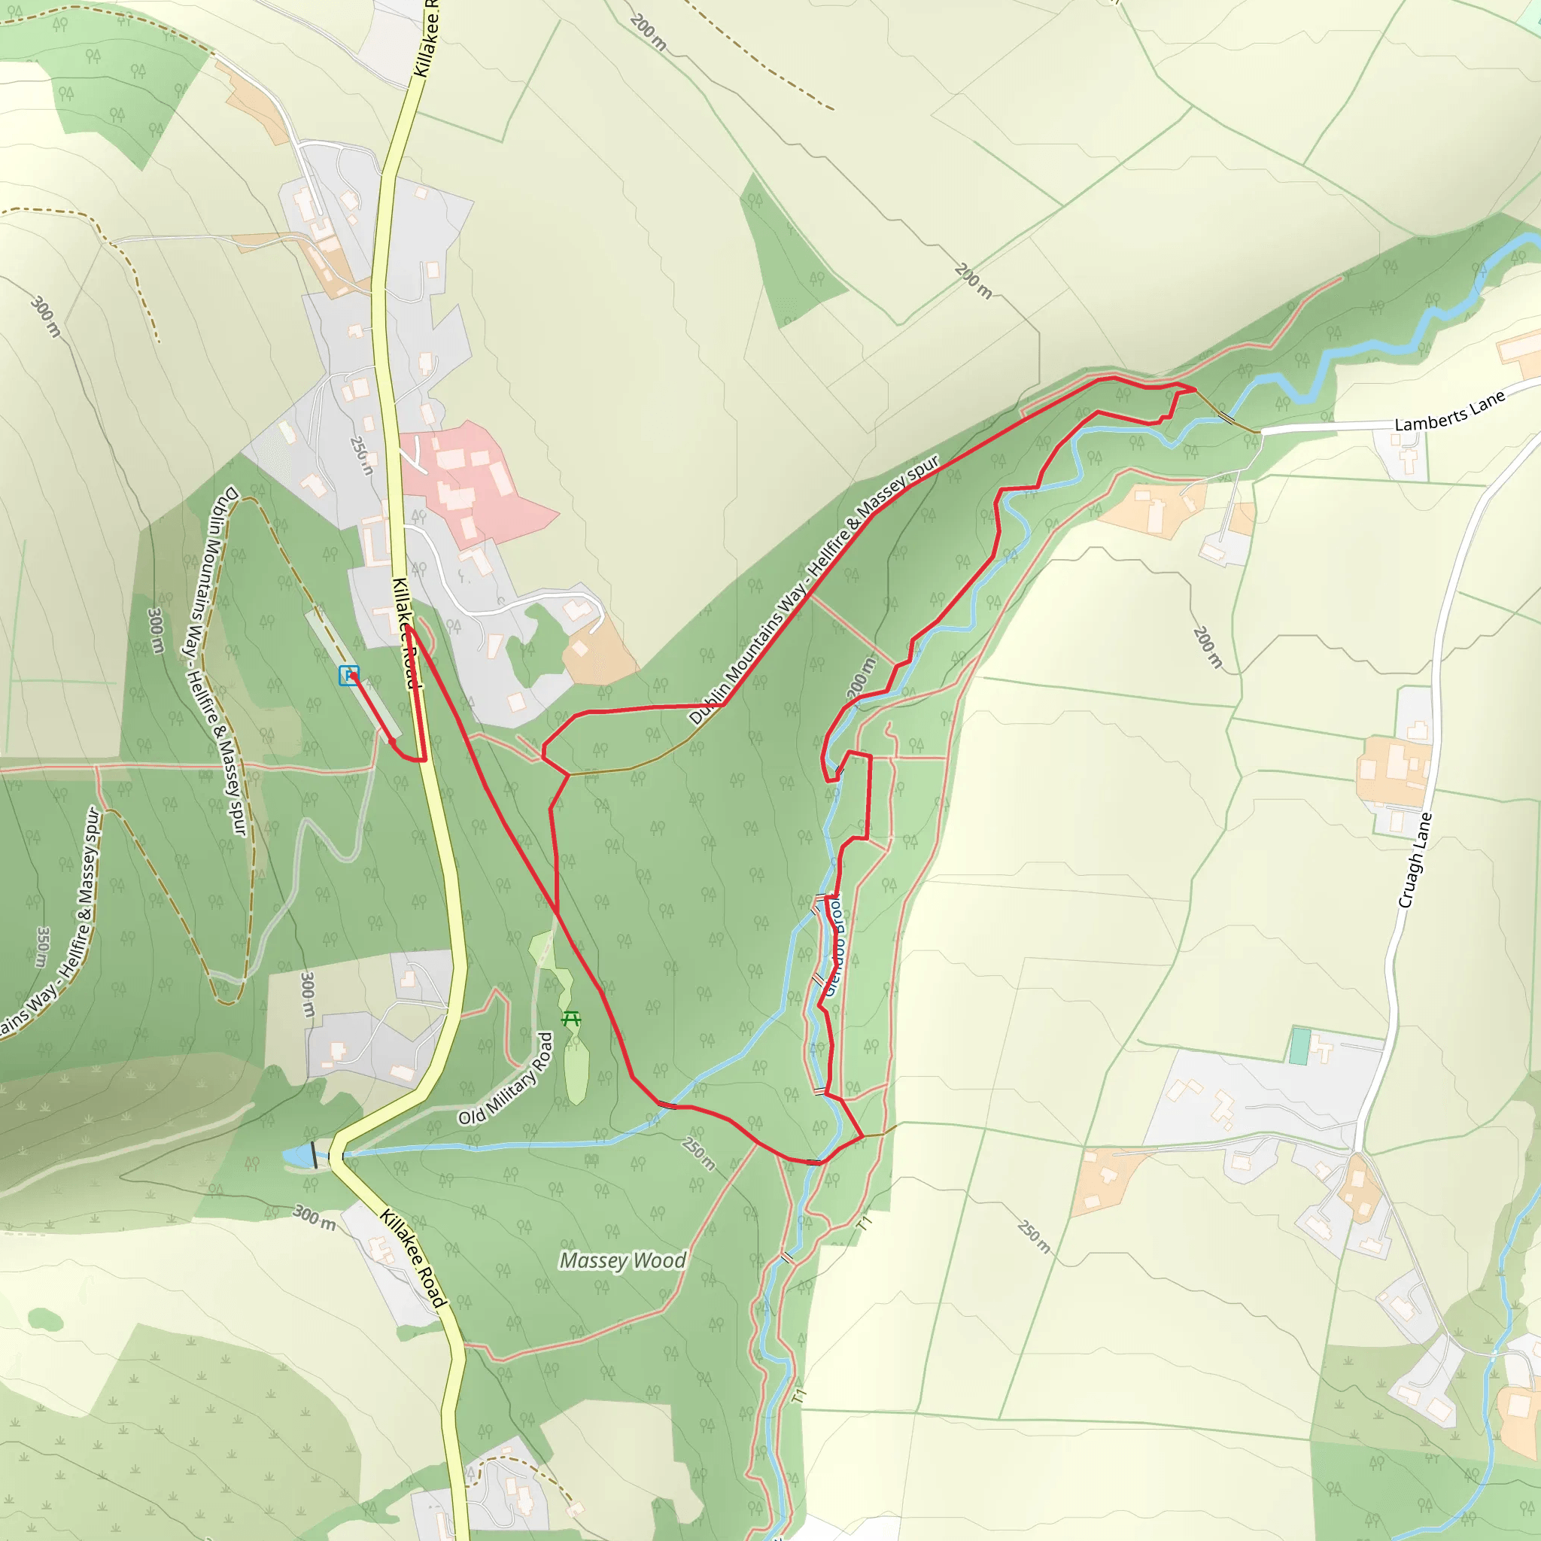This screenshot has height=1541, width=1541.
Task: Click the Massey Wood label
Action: pyautogui.click(x=622, y=1260)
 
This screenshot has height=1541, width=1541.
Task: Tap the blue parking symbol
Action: pyautogui.click(x=348, y=675)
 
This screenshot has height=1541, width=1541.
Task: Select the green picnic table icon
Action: pyautogui.click(x=571, y=1019)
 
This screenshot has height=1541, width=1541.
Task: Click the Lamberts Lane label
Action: pyautogui.click(x=1449, y=412)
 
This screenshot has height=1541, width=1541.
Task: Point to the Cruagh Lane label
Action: pyautogui.click(x=1415, y=860)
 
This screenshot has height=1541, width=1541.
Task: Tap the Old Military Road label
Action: pyautogui.click(x=506, y=1078)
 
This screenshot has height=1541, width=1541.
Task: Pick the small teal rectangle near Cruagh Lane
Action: pyautogui.click(x=1299, y=1047)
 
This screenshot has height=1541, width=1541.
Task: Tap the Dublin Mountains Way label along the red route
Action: pyautogui.click(x=813, y=589)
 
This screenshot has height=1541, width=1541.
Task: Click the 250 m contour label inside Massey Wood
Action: pyautogui.click(x=699, y=1153)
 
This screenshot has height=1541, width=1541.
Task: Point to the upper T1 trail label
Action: pyautogui.click(x=865, y=1223)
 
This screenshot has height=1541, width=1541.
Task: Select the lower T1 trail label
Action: pyautogui.click(x=800, y=1397)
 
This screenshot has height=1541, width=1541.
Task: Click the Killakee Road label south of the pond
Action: pyautogui.click(x=412, y=1258)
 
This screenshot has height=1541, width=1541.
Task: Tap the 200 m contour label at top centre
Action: pyautogui.click(x=648, y=32)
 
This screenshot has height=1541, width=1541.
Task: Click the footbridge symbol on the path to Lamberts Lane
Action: pyautogui.click(x=1226, y=416)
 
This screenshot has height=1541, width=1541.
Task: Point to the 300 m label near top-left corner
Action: pyautogui.click(x=45, y=316)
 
